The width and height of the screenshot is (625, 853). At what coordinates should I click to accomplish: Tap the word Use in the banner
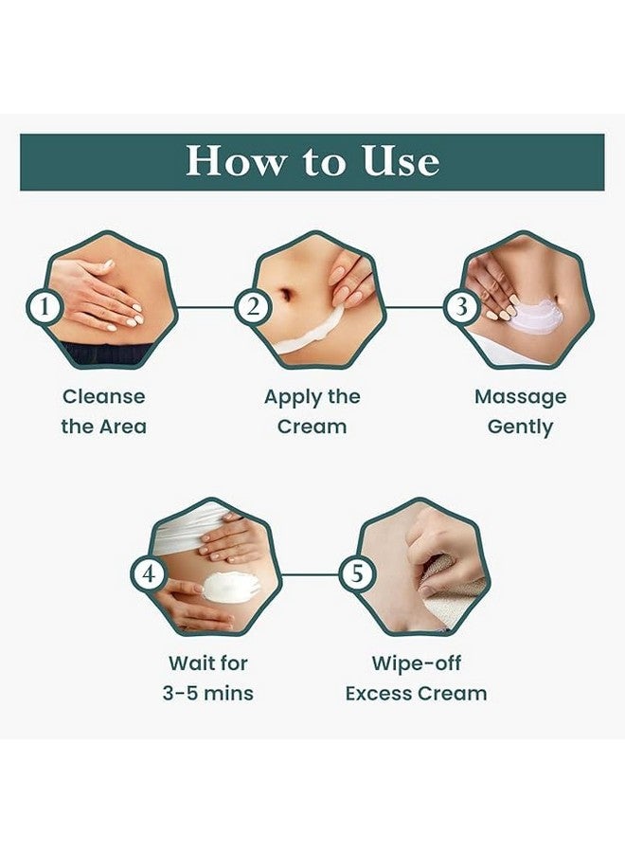pyautogui.click(x=402, y=160)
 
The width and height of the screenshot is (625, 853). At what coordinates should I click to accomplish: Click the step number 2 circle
pyautogui.click(x=253, y=307)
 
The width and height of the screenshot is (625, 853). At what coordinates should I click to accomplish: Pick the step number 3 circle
pyautogui.click(x=462, y=307)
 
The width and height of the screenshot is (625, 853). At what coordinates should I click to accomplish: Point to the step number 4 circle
pyautogui.click(x=149, y=574)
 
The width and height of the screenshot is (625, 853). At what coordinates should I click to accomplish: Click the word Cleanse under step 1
pyautogui.click(x=104, y=396)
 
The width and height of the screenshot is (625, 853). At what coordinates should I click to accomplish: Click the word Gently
pyautogui.click(x=520, y=427)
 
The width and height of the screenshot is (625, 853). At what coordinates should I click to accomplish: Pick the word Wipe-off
pyautogui.click(x=417, y=664)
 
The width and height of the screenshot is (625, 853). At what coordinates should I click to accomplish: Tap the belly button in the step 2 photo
pyautogui.click(x=286, y=295)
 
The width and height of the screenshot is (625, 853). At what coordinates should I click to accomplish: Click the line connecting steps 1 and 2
pyautogui.click(x=205, y=307)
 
